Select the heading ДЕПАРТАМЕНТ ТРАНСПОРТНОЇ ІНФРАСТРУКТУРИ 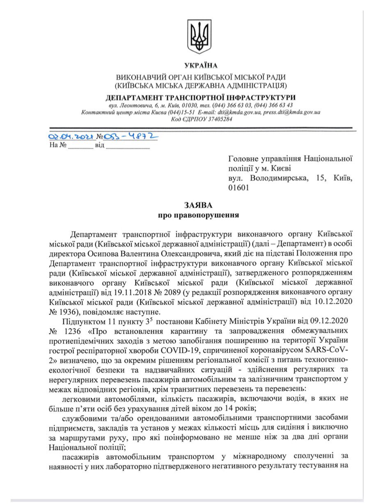(200, 98)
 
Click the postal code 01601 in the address (239, 188)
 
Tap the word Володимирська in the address (279, 178)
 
